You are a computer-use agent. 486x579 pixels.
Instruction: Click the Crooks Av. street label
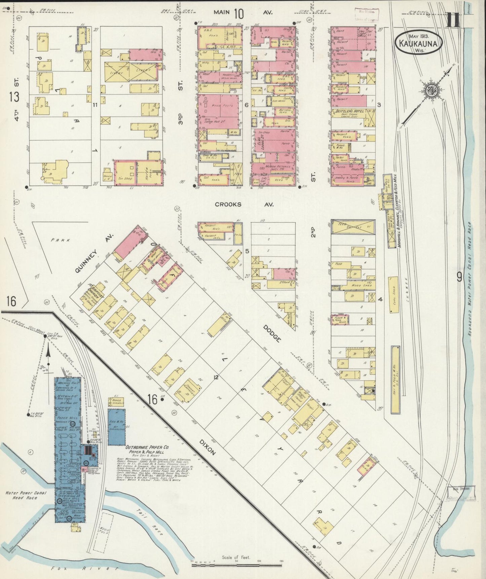[x=244, y=204]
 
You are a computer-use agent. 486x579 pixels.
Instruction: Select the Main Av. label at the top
[x=243, y=13]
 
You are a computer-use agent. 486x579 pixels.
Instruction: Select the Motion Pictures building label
[x=273, y=167]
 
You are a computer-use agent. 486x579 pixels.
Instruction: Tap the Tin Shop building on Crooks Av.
[x=123, y=178]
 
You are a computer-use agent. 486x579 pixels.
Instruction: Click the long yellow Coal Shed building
[x=394, y=294]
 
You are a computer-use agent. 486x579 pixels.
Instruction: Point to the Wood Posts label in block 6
[x=222, y=106]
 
